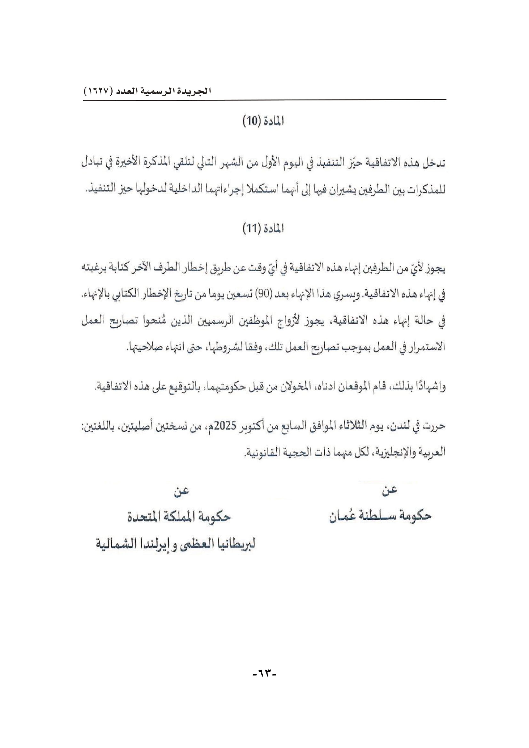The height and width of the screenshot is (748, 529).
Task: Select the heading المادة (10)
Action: coord(263,122)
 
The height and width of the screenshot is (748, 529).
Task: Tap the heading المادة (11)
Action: coord(263,229)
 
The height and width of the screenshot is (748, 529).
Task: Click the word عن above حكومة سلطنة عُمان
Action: coord(389,491)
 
